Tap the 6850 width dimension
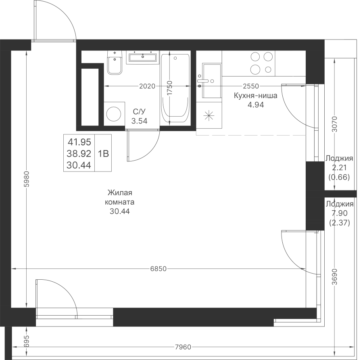tap(159, 269)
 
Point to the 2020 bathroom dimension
tap(147, 86)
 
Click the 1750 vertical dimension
tap(170, 88)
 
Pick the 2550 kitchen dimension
tap(251, 86)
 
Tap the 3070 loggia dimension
tap(334, 124)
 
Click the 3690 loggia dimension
tap(334, 276)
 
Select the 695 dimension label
tap(27, 341)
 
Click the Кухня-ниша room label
tap(256, 95)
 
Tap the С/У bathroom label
tap(139, 112)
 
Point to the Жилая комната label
tap(120, 197)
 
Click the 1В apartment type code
tap(103, 154)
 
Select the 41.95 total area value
tap(79, 142)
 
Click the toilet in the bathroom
tap(115, 63)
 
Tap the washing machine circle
tap(114, 114)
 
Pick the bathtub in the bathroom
tap(175, 88)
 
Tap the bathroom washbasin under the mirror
tap(143, 57)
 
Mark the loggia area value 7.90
tap(339, 213)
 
